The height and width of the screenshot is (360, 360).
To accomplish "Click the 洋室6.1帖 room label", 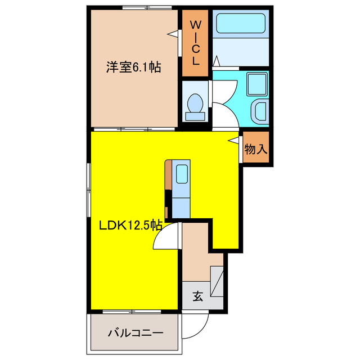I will pyautogui.click(x=134, y=68).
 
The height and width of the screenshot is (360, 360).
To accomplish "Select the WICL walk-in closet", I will pyautogui.click(x=195, y=43).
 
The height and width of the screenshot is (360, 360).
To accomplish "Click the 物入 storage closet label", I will pyautogui.click(x=256, y=150).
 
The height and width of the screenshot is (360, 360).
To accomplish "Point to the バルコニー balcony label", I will pyautogui.click(x=136, y=332).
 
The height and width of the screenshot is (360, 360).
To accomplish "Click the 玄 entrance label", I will pyautogui.click(x=198, y=296).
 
